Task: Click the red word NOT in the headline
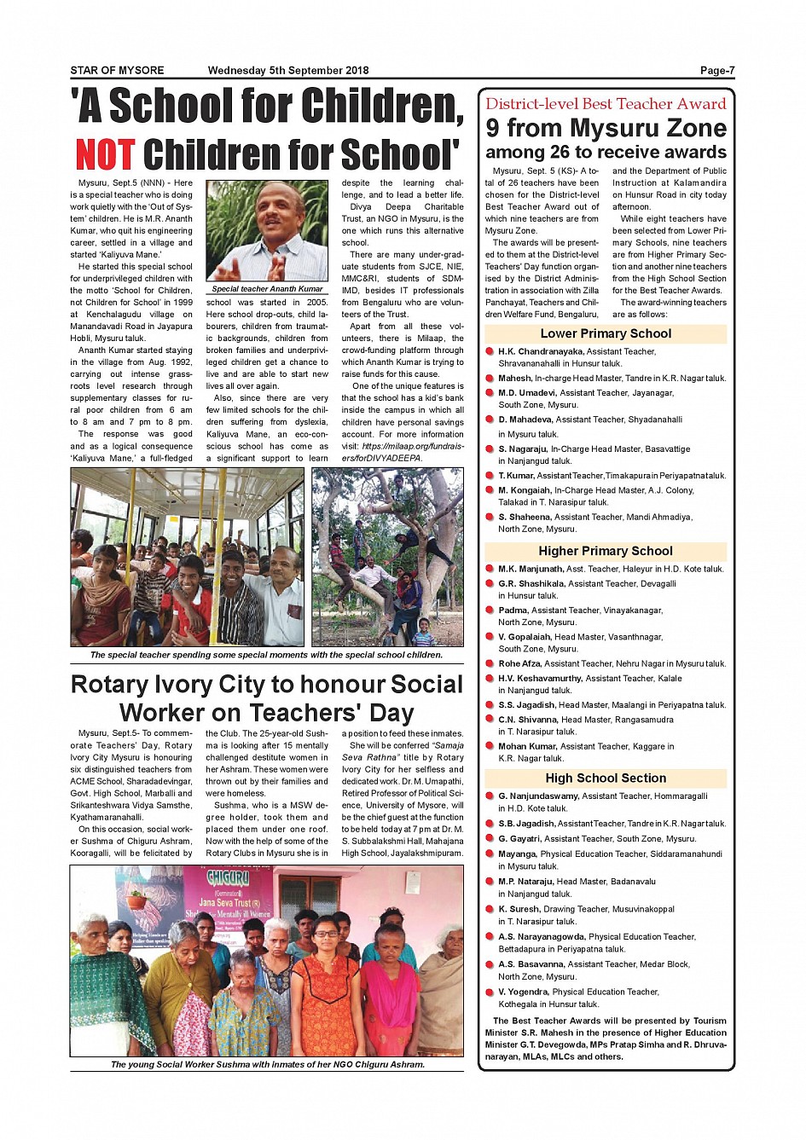click(x=104, y=155)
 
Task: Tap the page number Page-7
click(x=716, y=71)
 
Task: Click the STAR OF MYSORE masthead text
click(x=117, y=71)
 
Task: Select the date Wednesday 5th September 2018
click(x=288, y=71)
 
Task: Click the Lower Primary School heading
click(x=606, y=334)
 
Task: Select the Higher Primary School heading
click(x=606, y=552)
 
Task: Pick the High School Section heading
click(x=606, y=778)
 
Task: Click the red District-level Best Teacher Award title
click(x=606, y=104)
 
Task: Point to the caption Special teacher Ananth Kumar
click(x=267, y=289)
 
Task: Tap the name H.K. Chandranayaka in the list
click(x=541, y=351)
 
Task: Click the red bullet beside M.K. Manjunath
click(x=490, y=569)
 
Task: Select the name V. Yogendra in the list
click(x=524, y=992)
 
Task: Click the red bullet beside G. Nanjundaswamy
click(x=490, y=796)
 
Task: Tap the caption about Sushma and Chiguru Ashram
click(x=267, y=1064)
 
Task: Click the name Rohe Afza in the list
click(x=520, y=663)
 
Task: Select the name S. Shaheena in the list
click(x=525, y=517)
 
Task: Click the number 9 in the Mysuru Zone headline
click(x=493, y=128)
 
